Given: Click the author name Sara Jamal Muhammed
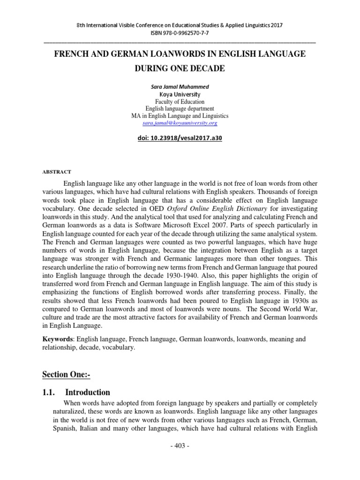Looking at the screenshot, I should click(180, 86).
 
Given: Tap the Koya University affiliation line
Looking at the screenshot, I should click(180, 94).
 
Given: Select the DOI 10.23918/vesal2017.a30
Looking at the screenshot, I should click(180, 139).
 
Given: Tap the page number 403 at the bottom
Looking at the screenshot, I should click(180, 458).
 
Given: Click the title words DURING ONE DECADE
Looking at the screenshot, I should click(180, 69).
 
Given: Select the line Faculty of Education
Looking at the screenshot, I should click(180, 101).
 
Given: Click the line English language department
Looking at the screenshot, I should click(180, 108).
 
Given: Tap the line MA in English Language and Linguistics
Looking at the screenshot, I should click(180, 115).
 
